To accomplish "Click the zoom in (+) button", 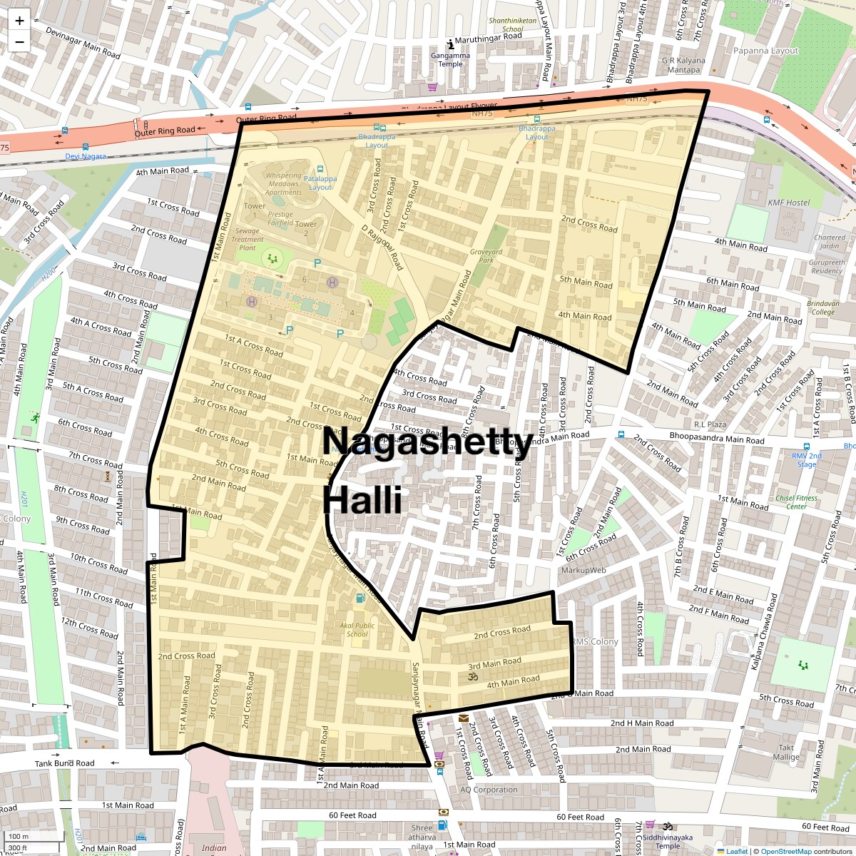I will (19, 21).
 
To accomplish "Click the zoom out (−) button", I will (19, 42).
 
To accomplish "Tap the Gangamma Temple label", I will (450, 59).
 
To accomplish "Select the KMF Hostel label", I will (789, 203).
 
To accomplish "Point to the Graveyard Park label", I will (486, 255).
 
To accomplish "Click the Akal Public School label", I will (357, 629).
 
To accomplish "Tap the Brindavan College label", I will (822, 307).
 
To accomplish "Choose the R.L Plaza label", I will (710, 424).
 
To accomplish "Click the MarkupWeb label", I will (584, 570).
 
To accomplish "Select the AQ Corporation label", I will (489, 790).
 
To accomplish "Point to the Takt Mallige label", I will (786, 753).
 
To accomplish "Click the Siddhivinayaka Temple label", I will (668, 842).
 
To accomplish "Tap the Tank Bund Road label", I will (64, 763).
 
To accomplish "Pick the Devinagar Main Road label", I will (83, 43).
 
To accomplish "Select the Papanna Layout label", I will (765, 51).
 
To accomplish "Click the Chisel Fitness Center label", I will (797, 502).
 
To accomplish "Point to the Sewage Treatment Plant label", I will (248, 239).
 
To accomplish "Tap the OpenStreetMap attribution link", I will (787, 851).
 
